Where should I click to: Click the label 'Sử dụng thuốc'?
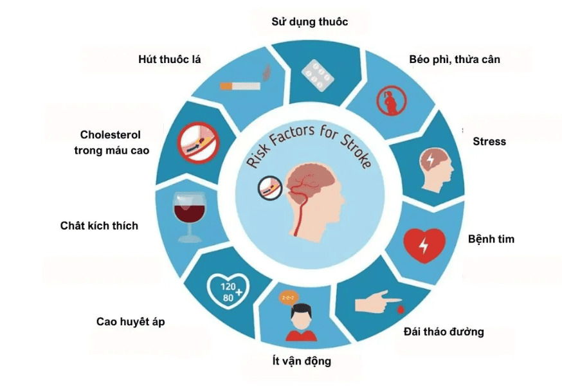309,23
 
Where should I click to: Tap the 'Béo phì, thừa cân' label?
454,60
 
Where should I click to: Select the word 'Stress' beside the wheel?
489,141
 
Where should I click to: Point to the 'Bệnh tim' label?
491,239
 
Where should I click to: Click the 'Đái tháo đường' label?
444,332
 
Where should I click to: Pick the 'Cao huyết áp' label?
130,321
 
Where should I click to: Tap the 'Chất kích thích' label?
99,226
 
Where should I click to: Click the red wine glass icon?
187,216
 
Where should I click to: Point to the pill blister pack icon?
318,73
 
